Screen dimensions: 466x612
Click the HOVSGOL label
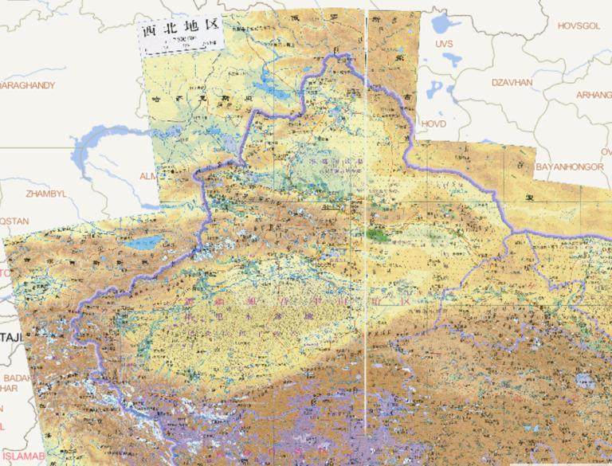pos(578,25)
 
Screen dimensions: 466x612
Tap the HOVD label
pos(434,124)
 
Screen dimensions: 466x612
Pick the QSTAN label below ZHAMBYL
pos(14,221)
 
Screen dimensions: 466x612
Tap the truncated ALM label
pos(149,175)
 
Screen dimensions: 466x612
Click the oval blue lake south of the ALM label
pos(147,242)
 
